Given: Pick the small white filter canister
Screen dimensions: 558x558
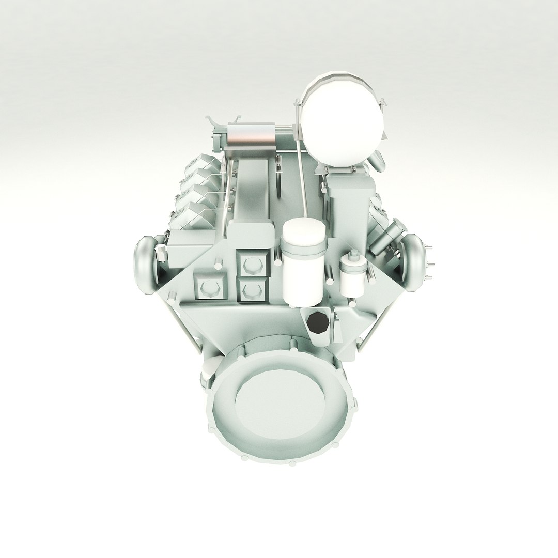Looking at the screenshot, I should click(353, 276).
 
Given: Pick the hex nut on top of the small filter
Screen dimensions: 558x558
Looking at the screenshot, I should click(354, 255).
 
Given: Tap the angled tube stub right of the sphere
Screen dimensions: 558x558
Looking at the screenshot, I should click(378, 165).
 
